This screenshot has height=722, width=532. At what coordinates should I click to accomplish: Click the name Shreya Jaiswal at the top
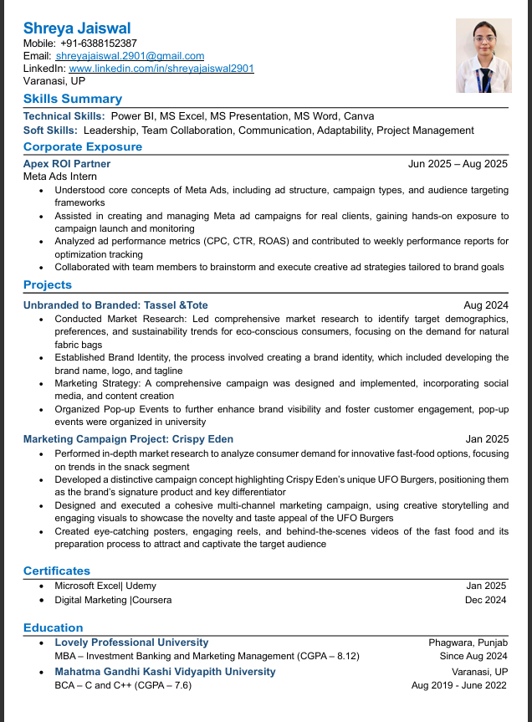point(77,28)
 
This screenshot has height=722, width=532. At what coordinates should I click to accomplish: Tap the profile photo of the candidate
point(483,55)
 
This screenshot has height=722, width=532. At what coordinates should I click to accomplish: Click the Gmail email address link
point(136,55)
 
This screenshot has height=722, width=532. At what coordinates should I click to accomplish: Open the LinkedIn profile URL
point(161,68)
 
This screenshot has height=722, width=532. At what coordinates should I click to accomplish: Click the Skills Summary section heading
point(73,99)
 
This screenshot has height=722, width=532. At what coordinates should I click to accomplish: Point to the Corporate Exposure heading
point(83,146)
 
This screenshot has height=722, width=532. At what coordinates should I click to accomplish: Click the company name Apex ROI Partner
point(67,164)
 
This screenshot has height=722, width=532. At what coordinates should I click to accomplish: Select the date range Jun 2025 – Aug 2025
point(458,164)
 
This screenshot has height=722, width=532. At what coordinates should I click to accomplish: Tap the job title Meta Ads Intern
point(60,177)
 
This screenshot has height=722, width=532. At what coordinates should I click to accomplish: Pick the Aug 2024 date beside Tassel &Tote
point(486,305)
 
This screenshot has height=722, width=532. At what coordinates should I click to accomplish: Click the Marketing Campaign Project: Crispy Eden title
point(128,439)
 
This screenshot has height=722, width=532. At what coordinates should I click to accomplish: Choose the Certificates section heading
point(56,571)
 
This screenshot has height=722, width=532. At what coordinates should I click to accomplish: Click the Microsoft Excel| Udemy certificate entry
point(105,586)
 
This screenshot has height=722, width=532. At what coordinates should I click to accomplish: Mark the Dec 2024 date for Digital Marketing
point(486,600)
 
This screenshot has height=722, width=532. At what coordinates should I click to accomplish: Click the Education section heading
point(54,627)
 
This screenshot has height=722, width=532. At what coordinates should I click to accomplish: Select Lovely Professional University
point(131,643)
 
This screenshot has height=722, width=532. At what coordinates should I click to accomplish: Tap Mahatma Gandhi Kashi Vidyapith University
point(165,672)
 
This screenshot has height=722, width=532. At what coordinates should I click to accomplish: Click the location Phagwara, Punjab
point(468,643)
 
